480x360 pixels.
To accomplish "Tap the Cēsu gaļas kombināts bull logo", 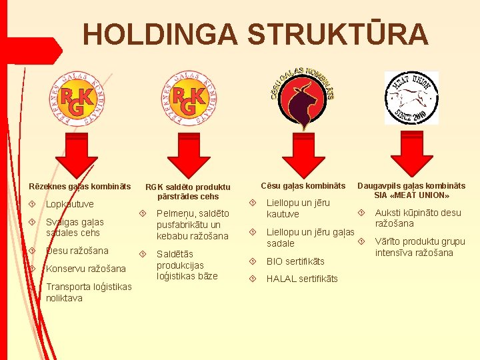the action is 305,98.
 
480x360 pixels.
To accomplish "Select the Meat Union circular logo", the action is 411,97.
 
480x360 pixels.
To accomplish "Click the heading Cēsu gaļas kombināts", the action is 303,185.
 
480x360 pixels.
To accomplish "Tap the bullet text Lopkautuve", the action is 70,204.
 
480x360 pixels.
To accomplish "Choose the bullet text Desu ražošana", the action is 77,251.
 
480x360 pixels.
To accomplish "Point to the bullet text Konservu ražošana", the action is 86,269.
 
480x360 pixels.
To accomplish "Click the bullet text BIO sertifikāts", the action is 295,261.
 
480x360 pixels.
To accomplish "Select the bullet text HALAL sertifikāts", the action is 302,279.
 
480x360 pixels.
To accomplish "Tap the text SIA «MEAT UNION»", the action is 411,196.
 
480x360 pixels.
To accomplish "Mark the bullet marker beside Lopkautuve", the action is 33,203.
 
